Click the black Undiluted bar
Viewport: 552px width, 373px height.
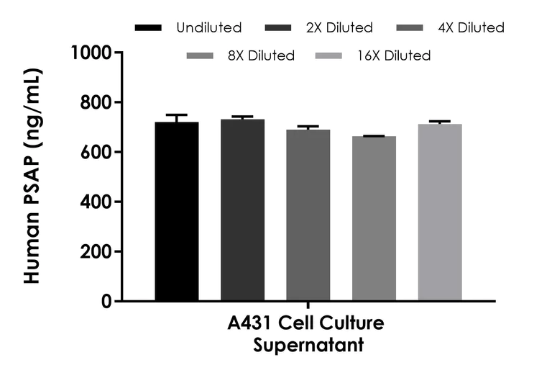click(177, 212)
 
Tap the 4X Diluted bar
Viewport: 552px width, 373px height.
click(308, 215)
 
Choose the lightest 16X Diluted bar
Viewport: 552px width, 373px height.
click(440, 212)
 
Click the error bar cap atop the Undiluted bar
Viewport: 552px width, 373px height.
click(177, 115)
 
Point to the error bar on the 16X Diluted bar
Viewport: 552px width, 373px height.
click(440, 122)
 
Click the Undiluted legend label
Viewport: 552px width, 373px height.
click(208, 28)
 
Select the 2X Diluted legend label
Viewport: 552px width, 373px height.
click(339, 28)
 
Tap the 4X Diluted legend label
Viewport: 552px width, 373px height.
click(471, 28)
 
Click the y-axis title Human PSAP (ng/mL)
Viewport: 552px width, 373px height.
click(33, 176)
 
